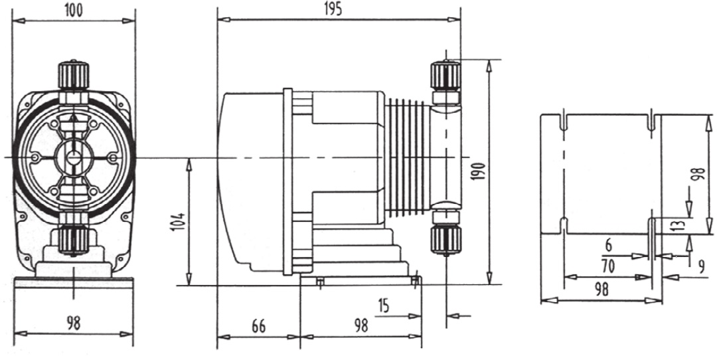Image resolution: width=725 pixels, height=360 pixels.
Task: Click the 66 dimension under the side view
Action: [258, 326]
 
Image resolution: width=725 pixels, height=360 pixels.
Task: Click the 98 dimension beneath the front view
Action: [74, 323]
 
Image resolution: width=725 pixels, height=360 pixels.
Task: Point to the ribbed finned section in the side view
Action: [405, 157]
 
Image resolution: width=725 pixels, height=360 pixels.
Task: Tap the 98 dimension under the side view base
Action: [361, 326]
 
